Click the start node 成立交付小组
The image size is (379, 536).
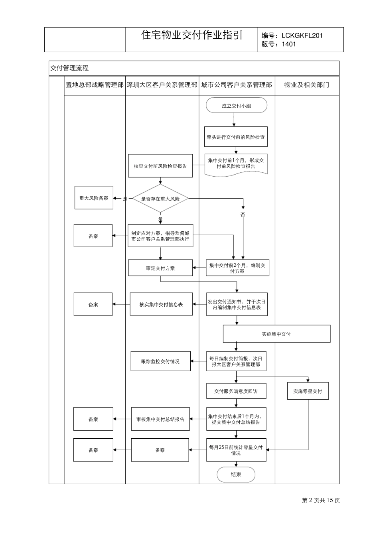tap(236, 106)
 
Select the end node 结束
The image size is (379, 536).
tap(236, 475)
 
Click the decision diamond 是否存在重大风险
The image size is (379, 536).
tap(160, 199)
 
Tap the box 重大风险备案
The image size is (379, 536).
tap(94, 198)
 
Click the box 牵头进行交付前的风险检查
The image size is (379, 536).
tap(235, 137)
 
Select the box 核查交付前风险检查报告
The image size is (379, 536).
tap(160, 166)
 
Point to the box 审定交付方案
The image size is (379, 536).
tap(160, 268)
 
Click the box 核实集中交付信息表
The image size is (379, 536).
tap(161, 304)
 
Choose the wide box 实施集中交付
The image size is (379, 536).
tap(276, 334)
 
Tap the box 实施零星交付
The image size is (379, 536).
tap(308, 391)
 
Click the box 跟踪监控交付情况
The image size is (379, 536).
tap(160, 361)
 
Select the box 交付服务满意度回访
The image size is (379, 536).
tap(236, 391)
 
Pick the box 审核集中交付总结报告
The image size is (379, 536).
tap(160, 419)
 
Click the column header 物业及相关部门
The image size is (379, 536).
tap(306, 85)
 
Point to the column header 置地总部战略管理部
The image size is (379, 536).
tap(95, 85)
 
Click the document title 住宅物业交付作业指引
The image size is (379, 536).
tap(191, 35)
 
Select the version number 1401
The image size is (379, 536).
tap(289, 44)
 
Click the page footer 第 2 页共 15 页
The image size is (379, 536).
tap(321, 501)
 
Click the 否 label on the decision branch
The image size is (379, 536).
tap(243, 215)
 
